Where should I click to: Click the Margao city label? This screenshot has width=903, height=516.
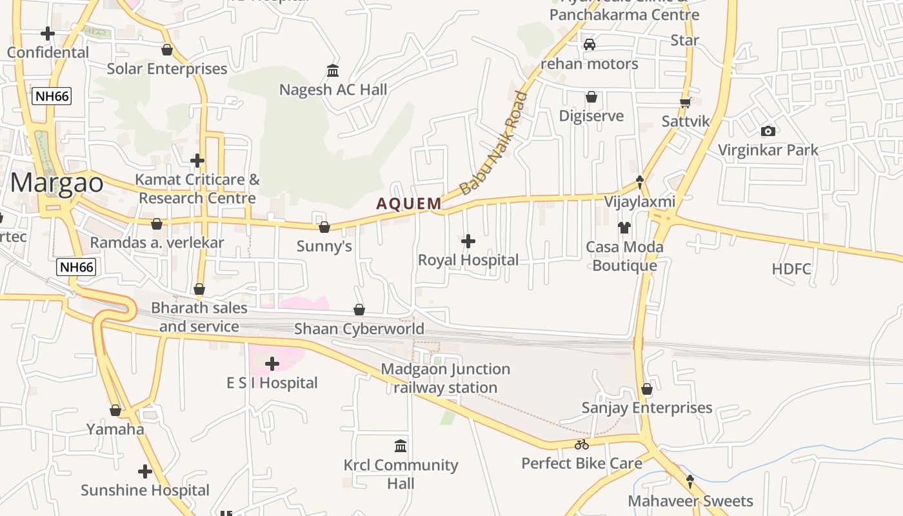[x=57, y=183]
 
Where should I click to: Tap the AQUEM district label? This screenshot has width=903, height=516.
[x=409, y=204]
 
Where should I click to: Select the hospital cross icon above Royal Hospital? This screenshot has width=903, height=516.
[x=468, y=241]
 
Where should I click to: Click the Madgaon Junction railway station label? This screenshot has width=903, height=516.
[x=445, y=378]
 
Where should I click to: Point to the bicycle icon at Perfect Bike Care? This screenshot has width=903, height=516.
[x=581, y=444]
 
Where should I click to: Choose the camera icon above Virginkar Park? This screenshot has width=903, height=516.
[x=768, y=131]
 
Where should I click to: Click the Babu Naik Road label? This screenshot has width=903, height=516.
[x=493, y=144]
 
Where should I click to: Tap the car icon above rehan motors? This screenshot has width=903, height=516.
[x=589, y=45]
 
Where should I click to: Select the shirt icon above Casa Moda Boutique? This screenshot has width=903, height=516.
[x=624, y=227]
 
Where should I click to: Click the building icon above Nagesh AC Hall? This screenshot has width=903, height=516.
[x=333, y=70]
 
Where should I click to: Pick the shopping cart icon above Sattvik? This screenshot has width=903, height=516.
[x=685, y=103]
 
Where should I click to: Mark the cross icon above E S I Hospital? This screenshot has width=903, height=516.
[x=272, y=364]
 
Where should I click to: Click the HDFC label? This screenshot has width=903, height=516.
[x=791, y=269]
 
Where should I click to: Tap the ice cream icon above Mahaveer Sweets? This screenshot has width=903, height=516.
[x=690, y=481]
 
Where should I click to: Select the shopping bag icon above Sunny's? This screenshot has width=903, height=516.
[x=324, y=227]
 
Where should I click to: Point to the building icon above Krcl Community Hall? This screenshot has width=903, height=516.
[x=401, y=446]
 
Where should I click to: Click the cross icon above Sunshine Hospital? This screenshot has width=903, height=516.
[x=145, y=471]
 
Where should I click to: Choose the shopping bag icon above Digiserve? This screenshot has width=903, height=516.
[x=591, y=97]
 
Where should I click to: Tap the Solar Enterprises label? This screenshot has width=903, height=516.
[x=167, y=69]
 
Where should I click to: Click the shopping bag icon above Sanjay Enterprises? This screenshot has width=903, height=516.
[x=647, y=389]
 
